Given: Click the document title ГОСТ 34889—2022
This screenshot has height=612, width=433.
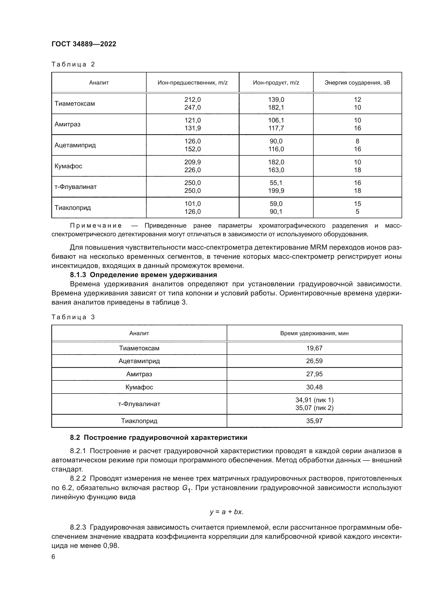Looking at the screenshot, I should [x=84, y=44].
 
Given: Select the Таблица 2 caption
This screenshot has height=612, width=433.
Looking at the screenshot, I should [x=73, y=64].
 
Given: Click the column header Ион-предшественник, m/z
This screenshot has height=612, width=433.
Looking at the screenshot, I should [x=192, y=83].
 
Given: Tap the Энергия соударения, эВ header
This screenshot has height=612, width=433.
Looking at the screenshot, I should [x=357, y=83].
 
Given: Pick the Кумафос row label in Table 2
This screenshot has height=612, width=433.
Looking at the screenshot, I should [x=68, y=166].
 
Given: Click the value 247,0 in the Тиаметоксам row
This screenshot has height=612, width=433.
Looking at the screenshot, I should [x=192, y=108].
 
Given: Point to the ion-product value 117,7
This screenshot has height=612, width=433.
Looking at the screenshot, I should [x=276, y=128].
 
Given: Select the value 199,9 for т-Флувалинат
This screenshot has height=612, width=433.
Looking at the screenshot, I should [x=276, y=191].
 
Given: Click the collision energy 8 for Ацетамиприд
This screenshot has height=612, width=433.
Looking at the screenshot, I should [x=357, y=141].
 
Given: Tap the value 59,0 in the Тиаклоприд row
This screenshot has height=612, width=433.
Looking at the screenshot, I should [x=276, y=204].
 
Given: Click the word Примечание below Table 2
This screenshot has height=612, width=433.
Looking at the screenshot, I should [x=96, y=226].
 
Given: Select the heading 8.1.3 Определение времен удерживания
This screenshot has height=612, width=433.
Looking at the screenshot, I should [x=143, y=275].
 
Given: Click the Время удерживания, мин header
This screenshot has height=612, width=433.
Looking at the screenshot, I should [x=314, y=333].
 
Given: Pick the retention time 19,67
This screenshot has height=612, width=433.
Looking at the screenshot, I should [x=314, y=348].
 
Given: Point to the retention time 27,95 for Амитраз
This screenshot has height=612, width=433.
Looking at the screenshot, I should [x=314, y=374].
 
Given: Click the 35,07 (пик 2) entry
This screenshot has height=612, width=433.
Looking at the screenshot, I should [x=314, y=408].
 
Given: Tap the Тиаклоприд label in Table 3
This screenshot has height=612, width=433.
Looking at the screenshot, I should [x=139, y=421].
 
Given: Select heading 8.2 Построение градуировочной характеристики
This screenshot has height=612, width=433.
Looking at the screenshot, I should [x=159, y=438].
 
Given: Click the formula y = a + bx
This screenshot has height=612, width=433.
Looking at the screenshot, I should [x=226, y=512].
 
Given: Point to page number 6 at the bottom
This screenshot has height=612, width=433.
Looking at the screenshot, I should [x=53, y=557].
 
